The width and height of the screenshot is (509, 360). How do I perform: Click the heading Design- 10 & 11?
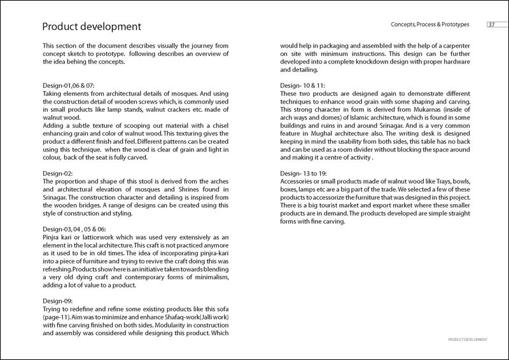pos(302,85)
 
